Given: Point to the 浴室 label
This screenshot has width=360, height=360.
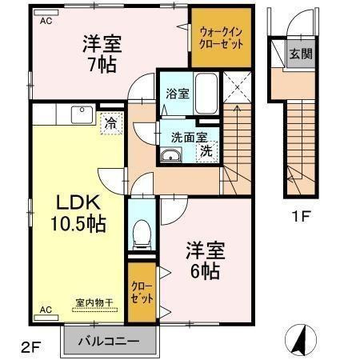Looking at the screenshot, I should [177, 94].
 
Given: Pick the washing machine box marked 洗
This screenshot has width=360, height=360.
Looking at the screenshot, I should [206, 150].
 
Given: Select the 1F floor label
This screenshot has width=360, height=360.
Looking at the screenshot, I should [301, 214].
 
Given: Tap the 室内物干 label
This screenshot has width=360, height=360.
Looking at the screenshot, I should [94, 302].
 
